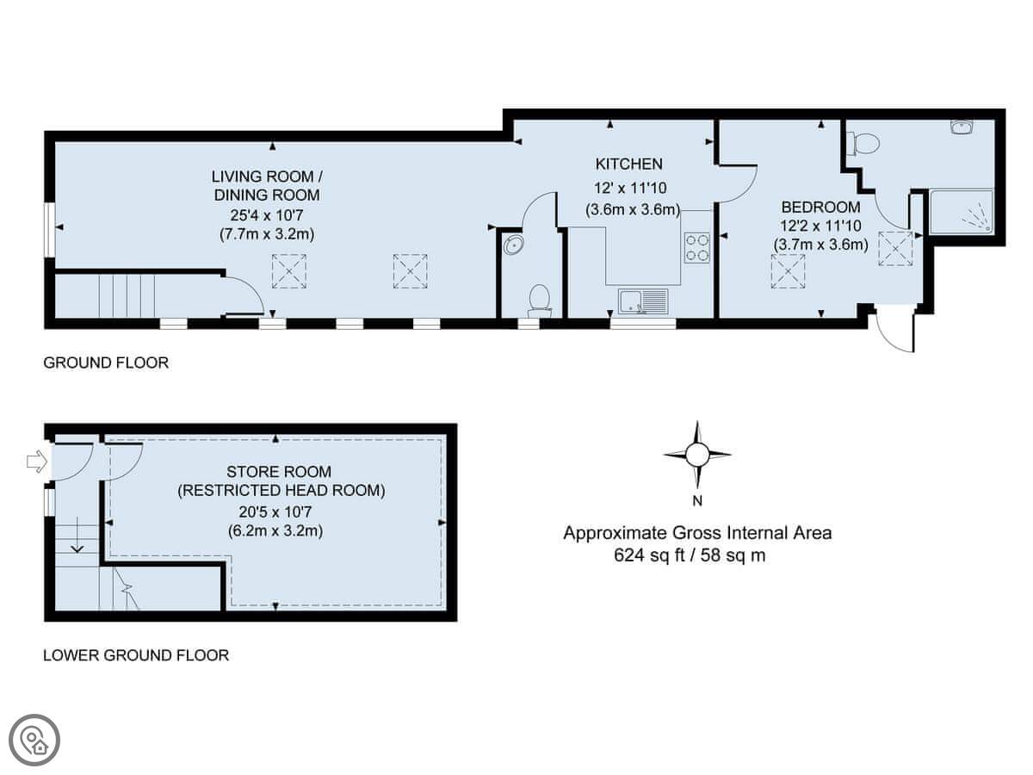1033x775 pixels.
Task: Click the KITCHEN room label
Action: click(628, 164)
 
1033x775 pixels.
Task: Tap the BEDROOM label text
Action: click(820, 207)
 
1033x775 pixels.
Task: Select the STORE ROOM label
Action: click(279, 472)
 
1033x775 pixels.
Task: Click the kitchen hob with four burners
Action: click(696, 247)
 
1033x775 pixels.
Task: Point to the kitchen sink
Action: click(643, 301)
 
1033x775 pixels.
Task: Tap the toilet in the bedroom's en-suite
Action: click(863, 143)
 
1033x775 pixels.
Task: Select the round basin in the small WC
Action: click(513, 245)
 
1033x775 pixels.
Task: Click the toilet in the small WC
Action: click(540, 301)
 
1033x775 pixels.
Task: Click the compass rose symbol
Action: click(697, 455)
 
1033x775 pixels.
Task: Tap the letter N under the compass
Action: click(697, 500)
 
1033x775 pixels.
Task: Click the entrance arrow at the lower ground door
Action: click(37, 462)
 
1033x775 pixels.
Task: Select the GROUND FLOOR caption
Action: click(106, 363)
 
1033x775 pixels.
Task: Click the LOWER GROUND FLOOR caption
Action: click(136, 655)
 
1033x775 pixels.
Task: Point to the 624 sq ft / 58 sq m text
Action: click(690, 555)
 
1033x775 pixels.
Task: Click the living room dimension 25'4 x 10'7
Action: click(267, 215)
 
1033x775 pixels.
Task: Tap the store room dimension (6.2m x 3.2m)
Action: click(275, 530)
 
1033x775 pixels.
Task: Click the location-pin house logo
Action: click(34, 741)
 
